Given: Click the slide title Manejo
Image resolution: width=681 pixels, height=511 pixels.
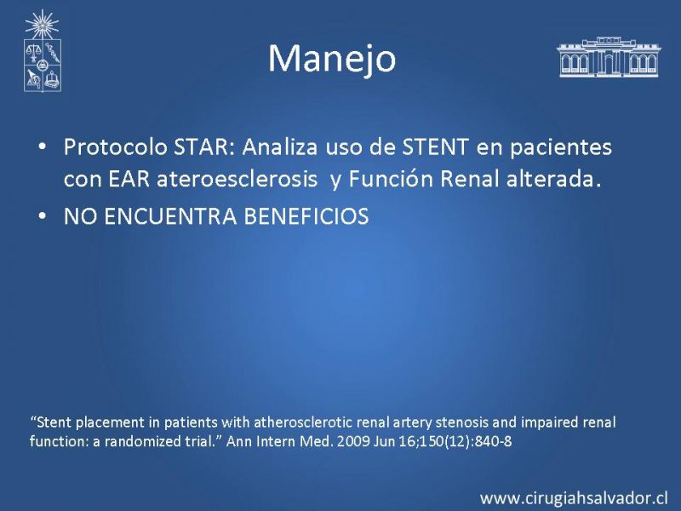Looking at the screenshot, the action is [x=332, y=59].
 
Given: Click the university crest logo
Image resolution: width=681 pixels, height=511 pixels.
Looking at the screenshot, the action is [x=42, y=51].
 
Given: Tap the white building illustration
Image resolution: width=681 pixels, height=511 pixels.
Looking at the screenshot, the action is [x=609, y=57].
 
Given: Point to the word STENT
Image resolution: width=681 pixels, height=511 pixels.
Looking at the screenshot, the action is [x=436, y=146].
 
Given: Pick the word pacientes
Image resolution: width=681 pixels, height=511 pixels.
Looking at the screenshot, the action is [x=561, y=147].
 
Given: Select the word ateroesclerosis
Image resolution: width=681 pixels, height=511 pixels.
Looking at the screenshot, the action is [x=237, y=179].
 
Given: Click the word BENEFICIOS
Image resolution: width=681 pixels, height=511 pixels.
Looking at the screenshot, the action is [x=306, y=216].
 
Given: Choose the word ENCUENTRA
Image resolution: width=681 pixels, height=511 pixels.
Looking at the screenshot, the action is [x=171, y=216].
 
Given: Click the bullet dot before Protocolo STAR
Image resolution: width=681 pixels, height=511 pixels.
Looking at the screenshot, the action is [x=42, y=146].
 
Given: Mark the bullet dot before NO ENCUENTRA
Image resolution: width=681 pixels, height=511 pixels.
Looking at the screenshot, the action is [x=42, y=216].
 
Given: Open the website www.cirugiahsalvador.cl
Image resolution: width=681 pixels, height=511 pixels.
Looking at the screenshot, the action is [x=574, y=498].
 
